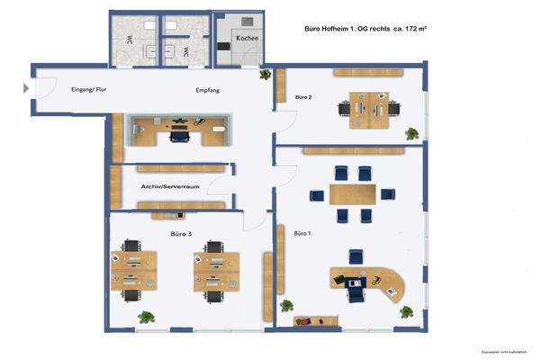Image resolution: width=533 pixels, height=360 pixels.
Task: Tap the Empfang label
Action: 208,91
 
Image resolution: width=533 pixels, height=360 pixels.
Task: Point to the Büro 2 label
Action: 303,96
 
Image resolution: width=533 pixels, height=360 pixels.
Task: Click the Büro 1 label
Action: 302,233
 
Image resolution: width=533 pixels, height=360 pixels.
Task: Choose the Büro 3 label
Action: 181,233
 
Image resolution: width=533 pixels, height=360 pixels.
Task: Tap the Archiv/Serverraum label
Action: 169,186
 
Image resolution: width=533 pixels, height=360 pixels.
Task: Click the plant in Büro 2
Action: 412,134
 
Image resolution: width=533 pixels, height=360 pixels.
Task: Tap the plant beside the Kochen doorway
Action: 264,75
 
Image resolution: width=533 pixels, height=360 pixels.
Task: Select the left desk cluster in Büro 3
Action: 133,270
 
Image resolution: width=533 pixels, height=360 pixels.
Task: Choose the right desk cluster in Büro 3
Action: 215,270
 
